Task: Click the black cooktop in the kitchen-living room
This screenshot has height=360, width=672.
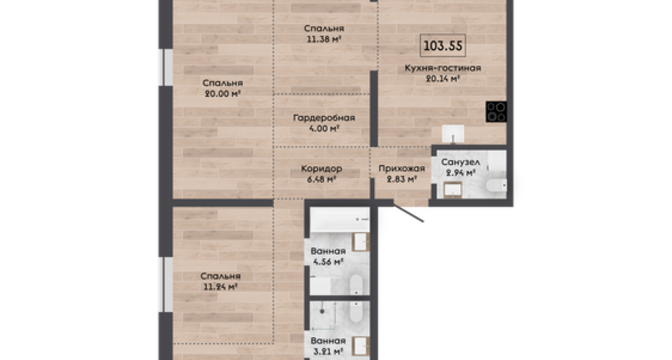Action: (496, 111)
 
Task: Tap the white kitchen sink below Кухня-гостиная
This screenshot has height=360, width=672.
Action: (453, 134)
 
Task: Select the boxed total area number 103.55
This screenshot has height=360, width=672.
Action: (443, 45)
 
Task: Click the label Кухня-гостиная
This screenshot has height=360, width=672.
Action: (443, 68)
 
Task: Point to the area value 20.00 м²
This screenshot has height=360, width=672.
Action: (222, 93)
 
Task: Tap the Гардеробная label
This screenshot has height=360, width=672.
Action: (324, 118)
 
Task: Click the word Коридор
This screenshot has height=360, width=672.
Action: (321, 168)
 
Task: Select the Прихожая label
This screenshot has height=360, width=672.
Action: (402, 168)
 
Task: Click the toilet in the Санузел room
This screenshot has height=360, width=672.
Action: (496, 185)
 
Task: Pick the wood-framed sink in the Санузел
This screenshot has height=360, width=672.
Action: (453, 190)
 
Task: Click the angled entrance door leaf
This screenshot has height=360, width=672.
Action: (409, 213)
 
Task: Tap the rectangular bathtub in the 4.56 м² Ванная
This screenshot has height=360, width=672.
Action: (339, 220)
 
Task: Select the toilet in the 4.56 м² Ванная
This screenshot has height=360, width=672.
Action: (357, 284)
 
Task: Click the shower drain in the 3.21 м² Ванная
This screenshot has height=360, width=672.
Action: (322, 312)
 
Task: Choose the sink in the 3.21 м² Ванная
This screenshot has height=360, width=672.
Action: (360, 346)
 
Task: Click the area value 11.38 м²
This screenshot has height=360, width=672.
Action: (324, 39)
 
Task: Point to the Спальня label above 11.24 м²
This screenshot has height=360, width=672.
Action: (220, 276)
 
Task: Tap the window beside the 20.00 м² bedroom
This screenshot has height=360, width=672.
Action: (166, 67)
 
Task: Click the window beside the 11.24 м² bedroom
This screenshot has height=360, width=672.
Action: (166, 284)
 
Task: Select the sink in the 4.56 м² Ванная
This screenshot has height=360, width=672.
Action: (360, 242)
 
